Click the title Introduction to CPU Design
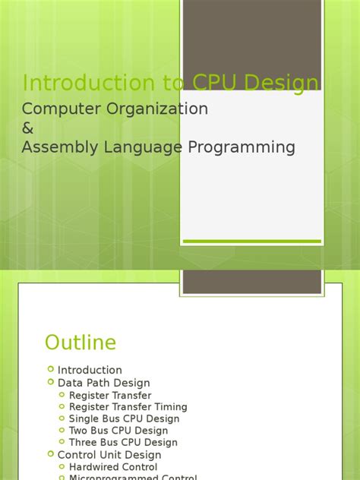[x=170, y=84]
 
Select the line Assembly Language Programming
[x=158, y=147]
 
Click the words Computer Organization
[x=115, y=109]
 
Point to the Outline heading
[x=81, y=343]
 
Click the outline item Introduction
[x=90, y=371]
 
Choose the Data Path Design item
[x=104, y=383]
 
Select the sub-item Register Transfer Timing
[x=128, y=407]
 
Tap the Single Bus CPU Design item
[x=124, y=418]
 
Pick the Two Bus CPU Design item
[x=118, y=431]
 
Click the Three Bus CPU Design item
[x=123, y=442]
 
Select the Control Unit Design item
[x=109, y=455]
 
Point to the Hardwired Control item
[x=113, y=467]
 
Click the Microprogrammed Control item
[x=133, y=478]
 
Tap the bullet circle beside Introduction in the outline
[x=51, y=370]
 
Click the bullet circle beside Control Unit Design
[x=51, y=454]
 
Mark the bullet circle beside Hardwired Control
[x=62, y=467]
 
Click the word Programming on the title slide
[x=252, y=147]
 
